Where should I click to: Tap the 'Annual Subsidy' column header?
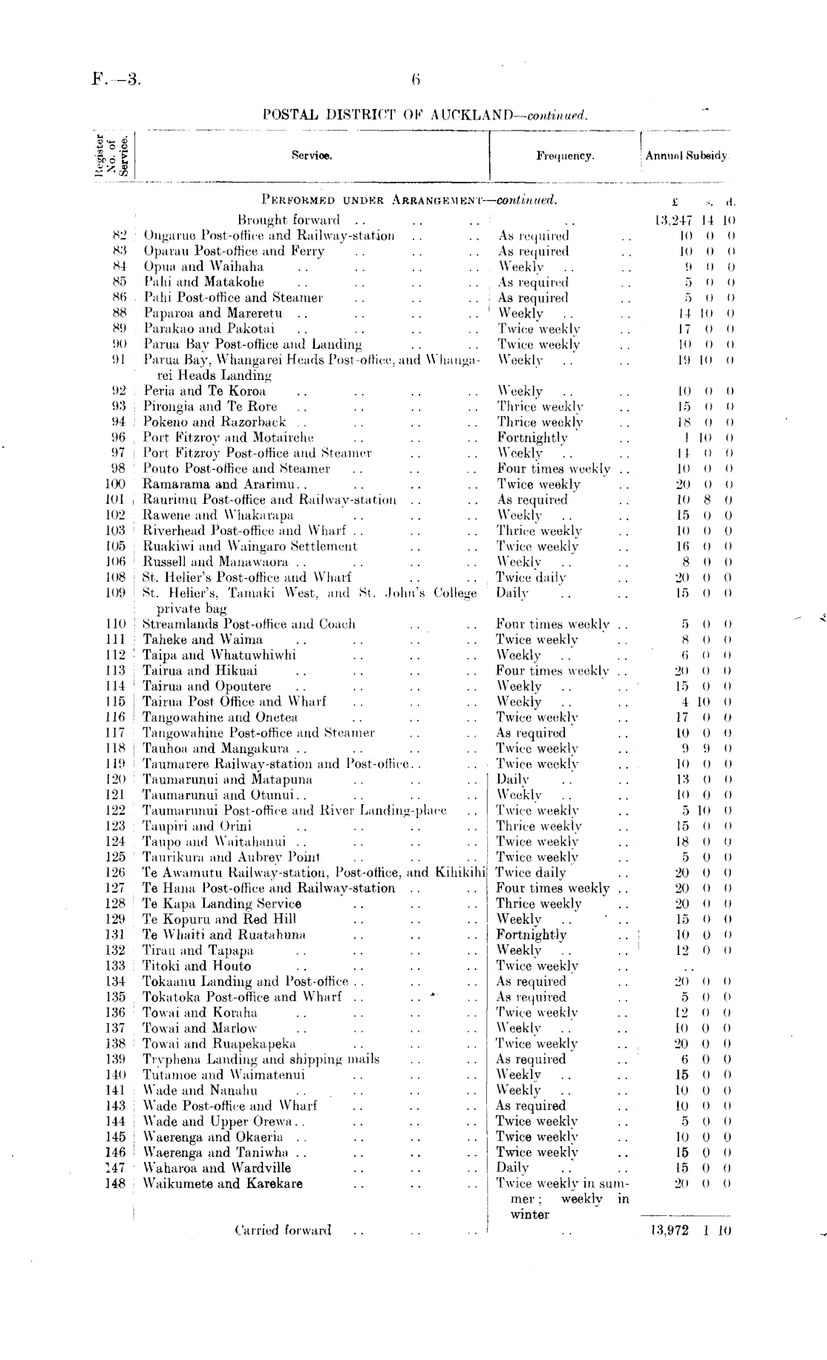[x=687, y=156]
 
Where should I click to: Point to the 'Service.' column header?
[x=312, y=156]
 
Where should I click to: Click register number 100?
[x=114, y=484]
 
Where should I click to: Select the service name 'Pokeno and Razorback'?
[x=215, y=421]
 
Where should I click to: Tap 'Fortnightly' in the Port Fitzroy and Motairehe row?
[x=532, y=437]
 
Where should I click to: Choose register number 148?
[x=114, y=1183]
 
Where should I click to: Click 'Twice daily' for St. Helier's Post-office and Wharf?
[x=531, y=577]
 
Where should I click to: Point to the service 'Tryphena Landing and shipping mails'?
[x=261, y=1059]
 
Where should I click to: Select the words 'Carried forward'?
[x=283, y=1230]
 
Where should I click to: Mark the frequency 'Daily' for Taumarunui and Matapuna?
[x=512, y=779]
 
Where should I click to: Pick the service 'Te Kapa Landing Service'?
[x=221, y=904]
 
